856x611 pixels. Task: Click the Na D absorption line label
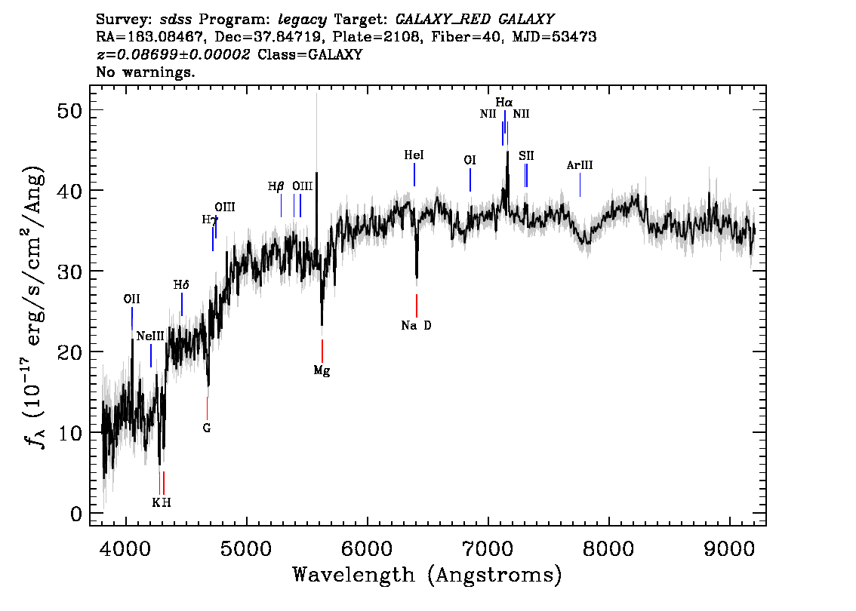point(416,326)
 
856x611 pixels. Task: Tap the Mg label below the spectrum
point(322,371)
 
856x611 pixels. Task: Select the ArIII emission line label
point(580,165)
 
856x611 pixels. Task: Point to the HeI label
point(414,155)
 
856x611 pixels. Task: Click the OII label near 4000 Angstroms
point(131,299)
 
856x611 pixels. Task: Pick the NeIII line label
point(150,336)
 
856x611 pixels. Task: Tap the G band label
point(206,428)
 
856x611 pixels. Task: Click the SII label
point(526,156)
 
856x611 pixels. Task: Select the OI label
point(470,161)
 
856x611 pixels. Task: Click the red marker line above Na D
point(417,305)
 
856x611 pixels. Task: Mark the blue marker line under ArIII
point(580,185)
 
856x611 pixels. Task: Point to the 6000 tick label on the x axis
point(367,549)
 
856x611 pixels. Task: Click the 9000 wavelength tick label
point(728,549)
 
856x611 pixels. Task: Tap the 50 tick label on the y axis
point(69,111)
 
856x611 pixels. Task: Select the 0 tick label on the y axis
point(76,514)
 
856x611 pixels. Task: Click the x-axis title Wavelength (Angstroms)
point(427,575)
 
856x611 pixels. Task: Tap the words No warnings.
point(145,72)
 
